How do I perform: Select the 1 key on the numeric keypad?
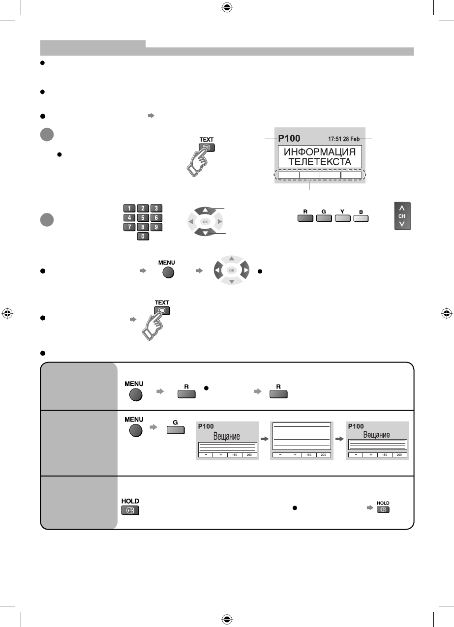(x=130, y=208)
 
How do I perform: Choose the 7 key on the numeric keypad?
(x=130, y=227)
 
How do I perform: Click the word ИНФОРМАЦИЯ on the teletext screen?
(x=320, y=152)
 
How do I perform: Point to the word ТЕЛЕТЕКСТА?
(x=320, y=162)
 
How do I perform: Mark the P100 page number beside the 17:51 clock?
(x=290, y=139)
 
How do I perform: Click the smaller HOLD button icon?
(x=383, y=510)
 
